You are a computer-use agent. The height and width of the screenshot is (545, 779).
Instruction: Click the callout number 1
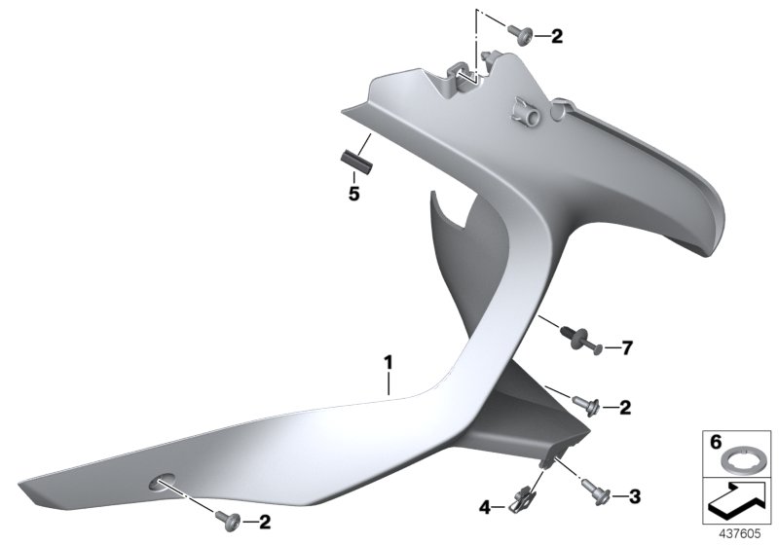coord(388,362)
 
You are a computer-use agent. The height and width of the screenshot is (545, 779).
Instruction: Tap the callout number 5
coord(353,194)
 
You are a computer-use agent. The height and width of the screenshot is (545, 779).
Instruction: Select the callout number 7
coord(627,348)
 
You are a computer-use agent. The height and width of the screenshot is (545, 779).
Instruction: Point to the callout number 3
coord(635,496)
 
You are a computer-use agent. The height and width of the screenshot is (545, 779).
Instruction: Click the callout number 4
coord(485,507)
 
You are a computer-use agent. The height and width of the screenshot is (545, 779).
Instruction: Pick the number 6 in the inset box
coord(715,441)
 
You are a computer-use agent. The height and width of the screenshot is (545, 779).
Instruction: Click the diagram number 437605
coord(740,534)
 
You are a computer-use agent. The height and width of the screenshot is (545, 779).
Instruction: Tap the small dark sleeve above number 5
coord(356,163)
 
